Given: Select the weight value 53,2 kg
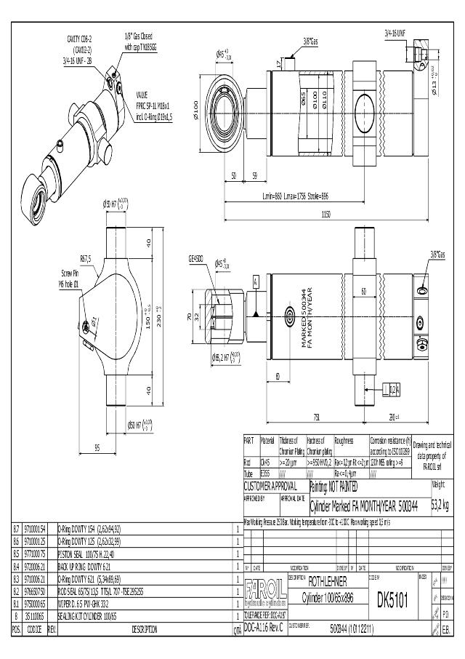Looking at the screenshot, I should pyautogui.click(x=440, y=505).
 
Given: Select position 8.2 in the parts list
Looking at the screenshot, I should pyautogui.click(x=16, y=593).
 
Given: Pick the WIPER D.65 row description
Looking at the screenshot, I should pyautogui.click(x=83, y=603).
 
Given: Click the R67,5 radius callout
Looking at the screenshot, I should pyautogui.click(x=85, y=258).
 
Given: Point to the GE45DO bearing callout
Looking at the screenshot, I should pyautogui.click(x=196, y=257).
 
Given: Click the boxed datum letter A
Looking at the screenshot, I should pyautogui.click(x=256, y=280).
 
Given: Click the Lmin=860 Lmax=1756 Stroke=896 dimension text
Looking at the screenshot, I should pyautogui.click(x=296, y=196).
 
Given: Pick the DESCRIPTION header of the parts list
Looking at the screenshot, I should pyautogui.click(x=145, y=630).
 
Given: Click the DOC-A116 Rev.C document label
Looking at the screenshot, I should pyautogui.click(x=262, y=626).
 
